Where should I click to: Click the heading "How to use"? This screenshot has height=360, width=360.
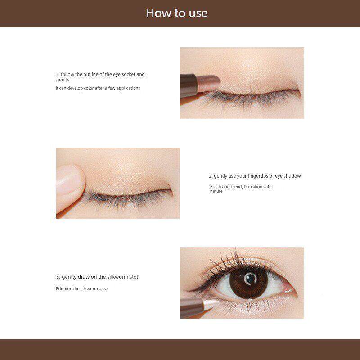click(177, 13)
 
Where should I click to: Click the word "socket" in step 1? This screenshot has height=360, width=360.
click(128, 74)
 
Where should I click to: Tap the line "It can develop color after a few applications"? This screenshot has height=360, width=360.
click(98, 88)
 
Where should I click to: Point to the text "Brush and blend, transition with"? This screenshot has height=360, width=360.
click(241, 187)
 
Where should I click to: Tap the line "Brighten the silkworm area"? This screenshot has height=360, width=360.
click(82, 289)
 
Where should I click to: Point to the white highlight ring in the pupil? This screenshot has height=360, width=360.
click(250, 279)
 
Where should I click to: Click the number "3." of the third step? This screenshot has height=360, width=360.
click(58, 277)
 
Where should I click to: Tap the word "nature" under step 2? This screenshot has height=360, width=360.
click(216, 192)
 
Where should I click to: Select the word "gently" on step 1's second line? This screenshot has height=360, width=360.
click(63, 80)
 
